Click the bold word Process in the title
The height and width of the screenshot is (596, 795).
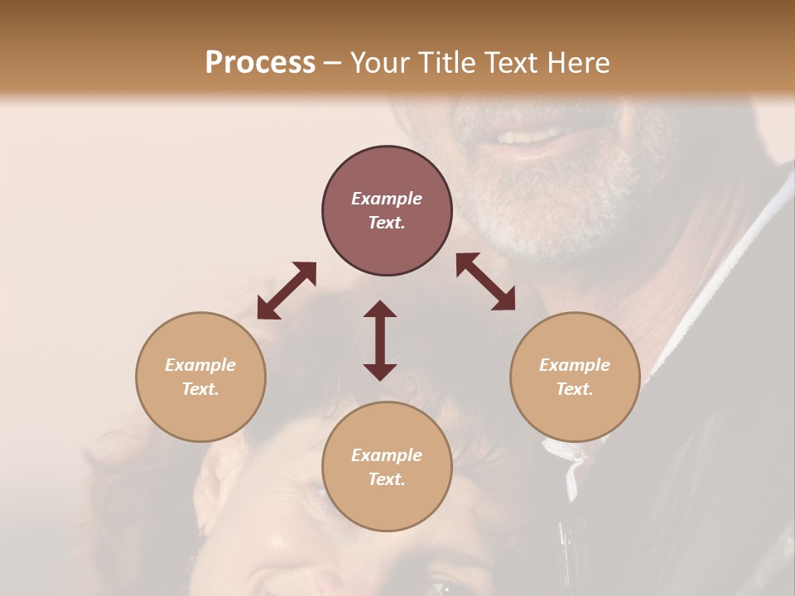[x=260, y=63]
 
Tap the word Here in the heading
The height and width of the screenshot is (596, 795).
[x=578, y=63]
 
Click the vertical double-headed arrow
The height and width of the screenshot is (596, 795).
[x=380, y=340]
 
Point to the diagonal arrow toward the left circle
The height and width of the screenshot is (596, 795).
[x=287, y=291]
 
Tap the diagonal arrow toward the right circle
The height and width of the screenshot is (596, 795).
[x=485, y=281]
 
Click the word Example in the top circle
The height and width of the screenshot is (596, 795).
[x=387, y=199]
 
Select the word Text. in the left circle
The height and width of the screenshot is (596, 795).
[x=200, y=389]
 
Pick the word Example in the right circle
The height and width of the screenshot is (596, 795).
[x=575, y=365]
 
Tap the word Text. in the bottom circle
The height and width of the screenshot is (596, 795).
[x=387, y=479]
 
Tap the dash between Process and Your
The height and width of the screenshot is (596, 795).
[x=333, y=63]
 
